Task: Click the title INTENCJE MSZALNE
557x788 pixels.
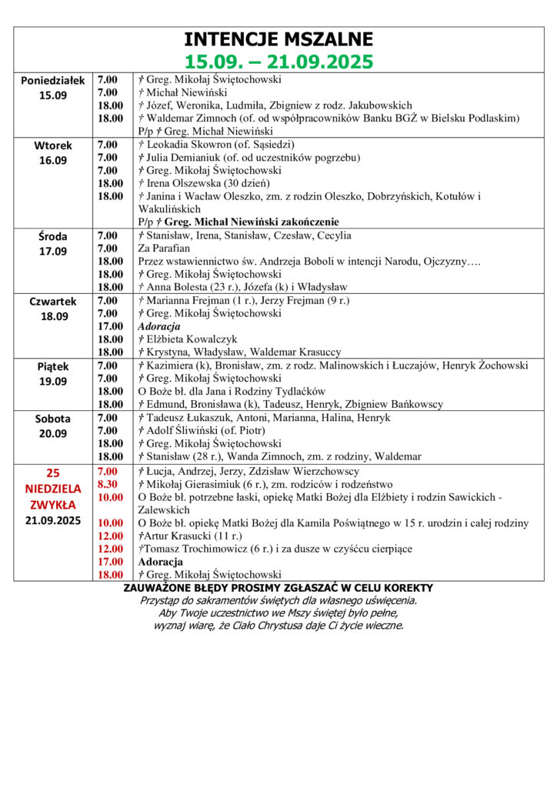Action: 278,39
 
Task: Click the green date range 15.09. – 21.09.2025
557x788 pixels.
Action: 278,61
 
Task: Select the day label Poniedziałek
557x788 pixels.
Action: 53,80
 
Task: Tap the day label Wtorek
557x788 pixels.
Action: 53,145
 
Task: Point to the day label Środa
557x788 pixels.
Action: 53,236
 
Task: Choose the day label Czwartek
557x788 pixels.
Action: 53,302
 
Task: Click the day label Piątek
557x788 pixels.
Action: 53,367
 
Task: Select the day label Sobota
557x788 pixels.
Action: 53,419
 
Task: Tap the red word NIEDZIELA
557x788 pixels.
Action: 53,488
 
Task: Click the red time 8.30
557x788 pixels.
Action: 108,485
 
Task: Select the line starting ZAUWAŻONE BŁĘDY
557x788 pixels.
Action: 278,589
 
